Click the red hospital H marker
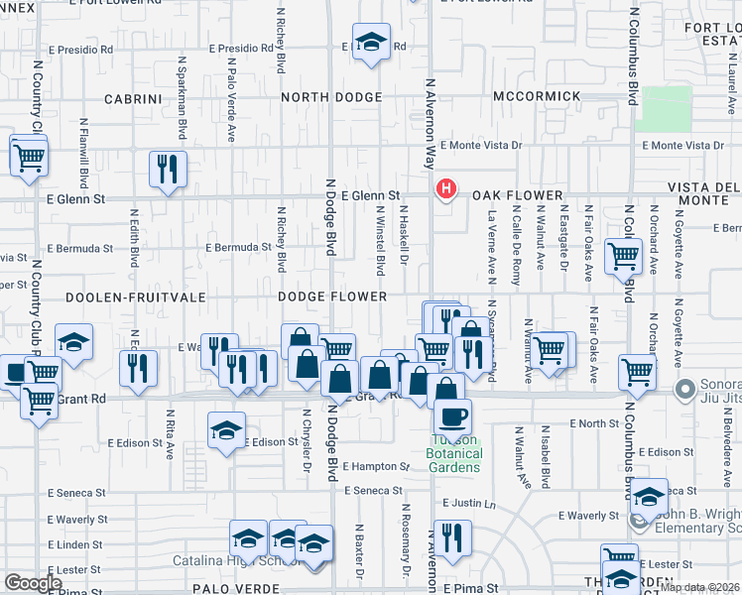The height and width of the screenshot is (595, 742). pyautogui.click(x=446, y=188)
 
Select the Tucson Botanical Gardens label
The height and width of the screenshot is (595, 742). pyautogui.click(x=454, y=453)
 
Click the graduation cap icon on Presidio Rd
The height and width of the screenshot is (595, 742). pyautogui.click(x=371, y=43)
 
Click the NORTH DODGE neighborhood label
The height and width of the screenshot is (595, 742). pyautogui.click(x=331, y=97)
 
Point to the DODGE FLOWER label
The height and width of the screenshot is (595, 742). pyautogui.click(x=331, y=297)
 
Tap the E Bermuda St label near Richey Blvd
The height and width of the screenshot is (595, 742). pyautogui.click(x=238, y=247)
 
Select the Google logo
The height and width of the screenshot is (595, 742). pyautogui.click(x=33, y=582)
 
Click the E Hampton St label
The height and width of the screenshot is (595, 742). pyautogui.click(x=377, y=466)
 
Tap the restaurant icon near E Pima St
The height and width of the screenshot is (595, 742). pyautogui.click(x=452, y=536)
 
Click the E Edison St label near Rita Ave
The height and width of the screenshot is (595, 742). pyautogui.click(x=135, y=442)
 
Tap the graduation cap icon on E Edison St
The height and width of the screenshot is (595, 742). pyautogui.click(x=226, y=429)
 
